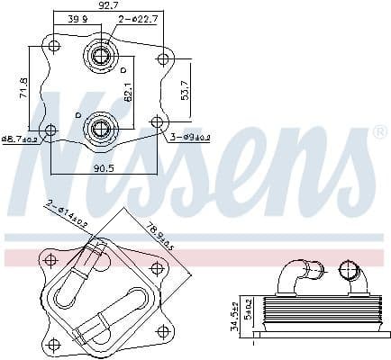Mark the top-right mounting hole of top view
[163, 60]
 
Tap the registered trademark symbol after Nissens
[379, 131]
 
